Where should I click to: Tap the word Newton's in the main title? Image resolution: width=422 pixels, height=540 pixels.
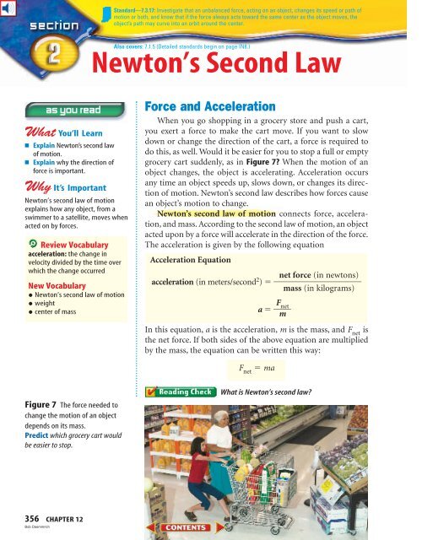(x=141, y=67)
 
